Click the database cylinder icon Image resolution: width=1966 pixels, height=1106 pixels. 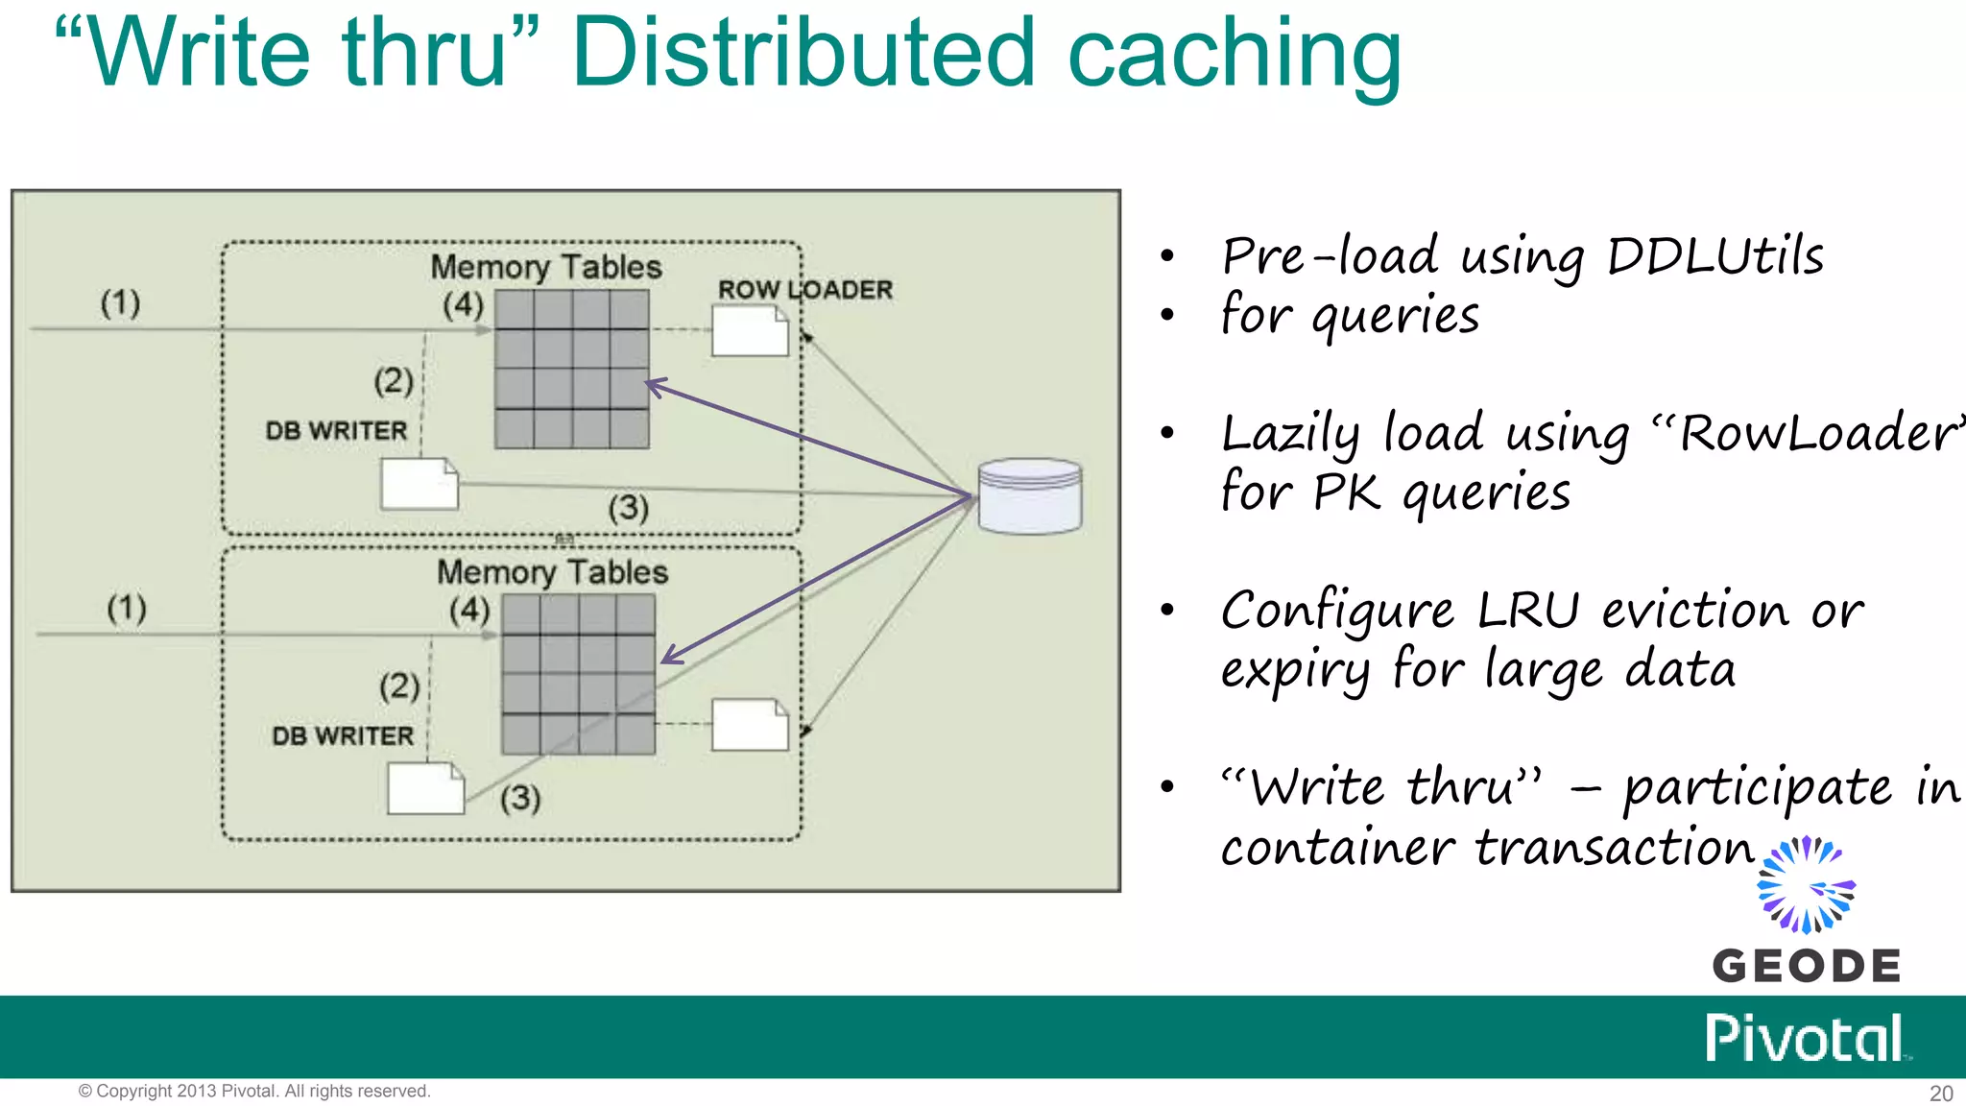pos(1029,495)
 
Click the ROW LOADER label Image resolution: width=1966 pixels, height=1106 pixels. pos(804,289)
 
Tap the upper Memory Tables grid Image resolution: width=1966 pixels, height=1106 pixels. pos(571,370)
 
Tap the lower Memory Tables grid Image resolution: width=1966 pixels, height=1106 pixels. pos(578,674)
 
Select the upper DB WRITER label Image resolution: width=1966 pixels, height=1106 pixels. pos(336,431)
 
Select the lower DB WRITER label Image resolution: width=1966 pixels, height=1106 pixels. pos(343,736)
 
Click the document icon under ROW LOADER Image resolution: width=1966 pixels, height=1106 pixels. pos(750,331)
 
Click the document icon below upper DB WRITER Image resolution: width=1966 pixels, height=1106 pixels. pos(420,484)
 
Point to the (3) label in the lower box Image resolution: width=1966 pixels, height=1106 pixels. pos(520,798)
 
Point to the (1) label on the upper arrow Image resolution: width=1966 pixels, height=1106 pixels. pos(120,303)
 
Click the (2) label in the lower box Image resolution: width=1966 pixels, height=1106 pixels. pos(399,685)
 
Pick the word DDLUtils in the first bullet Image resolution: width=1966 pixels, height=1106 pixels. pos(1714,256)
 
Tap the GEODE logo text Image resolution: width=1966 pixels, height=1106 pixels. pos(1806,966)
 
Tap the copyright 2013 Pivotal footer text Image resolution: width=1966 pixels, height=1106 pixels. pos(254,1092)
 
